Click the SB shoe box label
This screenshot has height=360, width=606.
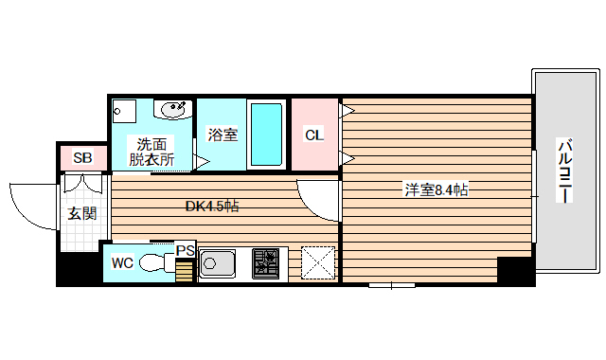pos(82,158)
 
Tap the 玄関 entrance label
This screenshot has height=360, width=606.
pos(81,213)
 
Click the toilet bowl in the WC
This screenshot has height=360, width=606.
pos(151,262)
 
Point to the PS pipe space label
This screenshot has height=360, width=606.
pos(186,250)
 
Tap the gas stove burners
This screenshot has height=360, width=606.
pos(266,261)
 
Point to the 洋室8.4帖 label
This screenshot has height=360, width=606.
pos(437,190)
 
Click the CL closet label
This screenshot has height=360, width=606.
pos(313,135)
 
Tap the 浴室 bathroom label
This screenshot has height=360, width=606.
pos(223,135)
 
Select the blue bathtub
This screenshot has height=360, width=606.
pos(266,134)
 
